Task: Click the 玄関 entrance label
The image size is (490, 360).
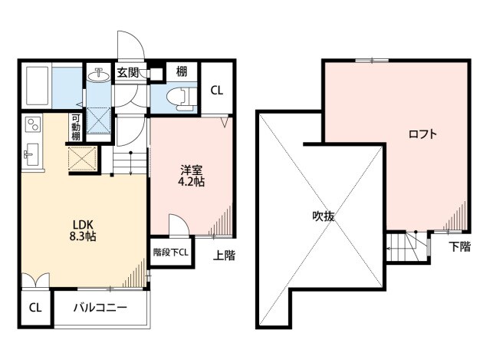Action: click(x=128, y=73)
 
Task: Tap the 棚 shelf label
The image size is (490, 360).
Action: click(x=182, y=71)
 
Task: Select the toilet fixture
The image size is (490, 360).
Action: click(x=182, y=97)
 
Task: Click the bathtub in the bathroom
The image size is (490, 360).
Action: click(x=37, y=85)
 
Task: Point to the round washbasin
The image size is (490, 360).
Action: click(x=99, y=75)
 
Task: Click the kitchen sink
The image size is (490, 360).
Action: click(x=31, y=154)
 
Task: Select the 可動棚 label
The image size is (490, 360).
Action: click(x=76, y=127)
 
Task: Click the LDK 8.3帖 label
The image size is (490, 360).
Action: click(x=83, y=230)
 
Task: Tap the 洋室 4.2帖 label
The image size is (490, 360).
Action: click(x=191, y=176)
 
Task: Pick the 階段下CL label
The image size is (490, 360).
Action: click(x=171, y=253)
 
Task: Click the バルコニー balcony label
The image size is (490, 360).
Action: click(x=100, y=308)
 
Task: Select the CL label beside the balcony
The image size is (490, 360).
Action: click(x=35, y=308)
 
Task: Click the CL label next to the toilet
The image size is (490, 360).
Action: click(x=216, y=91)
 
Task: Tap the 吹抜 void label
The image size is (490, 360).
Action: click(x=324, y=216)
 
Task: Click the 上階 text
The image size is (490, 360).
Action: click(x=224, y=256)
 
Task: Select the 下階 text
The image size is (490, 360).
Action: click(x=460, y=246)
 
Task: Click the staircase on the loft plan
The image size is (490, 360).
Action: click(x=408, y=246)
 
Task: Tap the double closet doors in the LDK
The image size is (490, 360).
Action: click(x=36, y=280)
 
